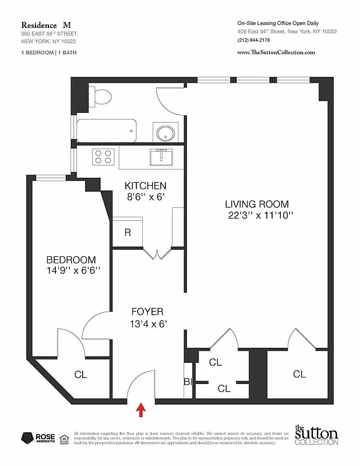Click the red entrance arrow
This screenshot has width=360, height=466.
click(x=140, y=410)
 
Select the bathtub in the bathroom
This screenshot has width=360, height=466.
click(x=107, y=131)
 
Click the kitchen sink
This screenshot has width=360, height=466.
click(x=160, y=157)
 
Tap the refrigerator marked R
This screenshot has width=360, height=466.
click(x=128, y=232)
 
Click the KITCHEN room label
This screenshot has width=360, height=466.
click(x=146, y=186)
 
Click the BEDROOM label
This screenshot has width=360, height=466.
click(x=71, y=259)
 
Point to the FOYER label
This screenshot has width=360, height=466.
click(x=147, y=312)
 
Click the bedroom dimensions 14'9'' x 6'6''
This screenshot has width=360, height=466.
click(x=73, y=270)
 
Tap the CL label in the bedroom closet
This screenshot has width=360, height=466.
click(x=80, y=375)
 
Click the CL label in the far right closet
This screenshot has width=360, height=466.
click(x=299, y=374)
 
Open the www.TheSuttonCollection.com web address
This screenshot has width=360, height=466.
click(x=276, y=52)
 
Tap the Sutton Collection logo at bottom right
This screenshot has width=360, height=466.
click(x=316, y=435)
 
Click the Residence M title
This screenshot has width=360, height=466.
click(x=46, y=25)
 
